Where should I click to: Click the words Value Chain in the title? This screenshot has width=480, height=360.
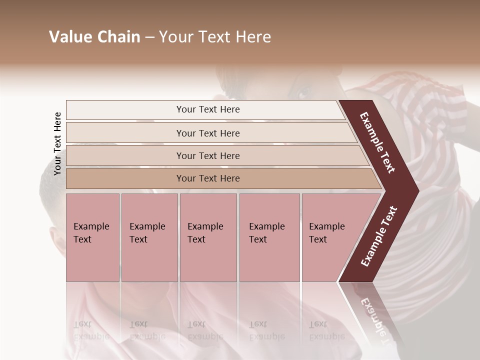tap(94, 37)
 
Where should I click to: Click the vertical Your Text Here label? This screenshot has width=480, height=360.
tap(57, 143)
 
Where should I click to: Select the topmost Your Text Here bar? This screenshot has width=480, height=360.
tap(208, 109)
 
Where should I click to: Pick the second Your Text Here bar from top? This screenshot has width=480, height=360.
tap(208, 133)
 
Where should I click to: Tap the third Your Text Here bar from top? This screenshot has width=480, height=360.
tap(208, 155)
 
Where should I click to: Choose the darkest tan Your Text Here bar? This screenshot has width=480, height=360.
tap(208, 178)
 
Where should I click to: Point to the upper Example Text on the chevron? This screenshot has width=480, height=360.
tap(377, 142)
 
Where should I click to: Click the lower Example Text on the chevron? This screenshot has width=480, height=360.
tap(378, 236)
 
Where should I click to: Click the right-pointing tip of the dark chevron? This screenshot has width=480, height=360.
tap(416, 190)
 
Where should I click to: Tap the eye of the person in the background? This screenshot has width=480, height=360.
tap(303, 93)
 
